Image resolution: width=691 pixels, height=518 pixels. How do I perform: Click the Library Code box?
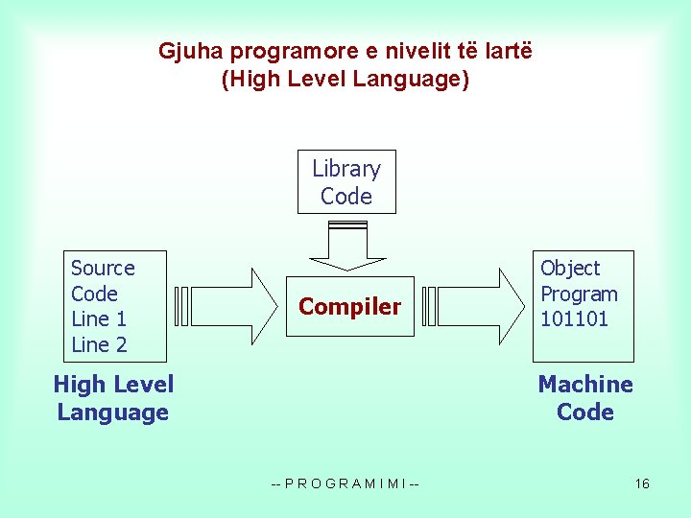(345, 182)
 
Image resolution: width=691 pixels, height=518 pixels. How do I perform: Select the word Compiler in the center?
(349, 307)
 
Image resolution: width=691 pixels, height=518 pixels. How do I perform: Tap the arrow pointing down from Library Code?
(345, 247)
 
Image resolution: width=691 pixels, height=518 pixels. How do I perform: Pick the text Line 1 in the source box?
(99, 318)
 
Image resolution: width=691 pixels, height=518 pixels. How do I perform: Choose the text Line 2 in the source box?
(99, 344)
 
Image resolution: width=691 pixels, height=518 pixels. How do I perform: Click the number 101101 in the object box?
(574, 318)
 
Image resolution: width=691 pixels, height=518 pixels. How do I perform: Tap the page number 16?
(642, 483)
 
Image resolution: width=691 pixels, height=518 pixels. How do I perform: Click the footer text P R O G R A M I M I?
(345, 483)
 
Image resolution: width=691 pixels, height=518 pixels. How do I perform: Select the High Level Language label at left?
(113, 398)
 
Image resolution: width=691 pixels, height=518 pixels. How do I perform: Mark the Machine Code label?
(585, 398)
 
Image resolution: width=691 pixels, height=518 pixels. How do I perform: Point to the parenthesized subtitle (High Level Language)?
(345, 79)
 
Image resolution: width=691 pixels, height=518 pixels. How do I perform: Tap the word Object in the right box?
(570, 269)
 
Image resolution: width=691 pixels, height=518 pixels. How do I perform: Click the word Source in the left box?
(103, 269)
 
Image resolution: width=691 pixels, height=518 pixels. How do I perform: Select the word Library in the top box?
(346, 169)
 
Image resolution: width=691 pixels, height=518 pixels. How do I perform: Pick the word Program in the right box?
(579, 294)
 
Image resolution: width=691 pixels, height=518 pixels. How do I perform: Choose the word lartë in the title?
(506, 51)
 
